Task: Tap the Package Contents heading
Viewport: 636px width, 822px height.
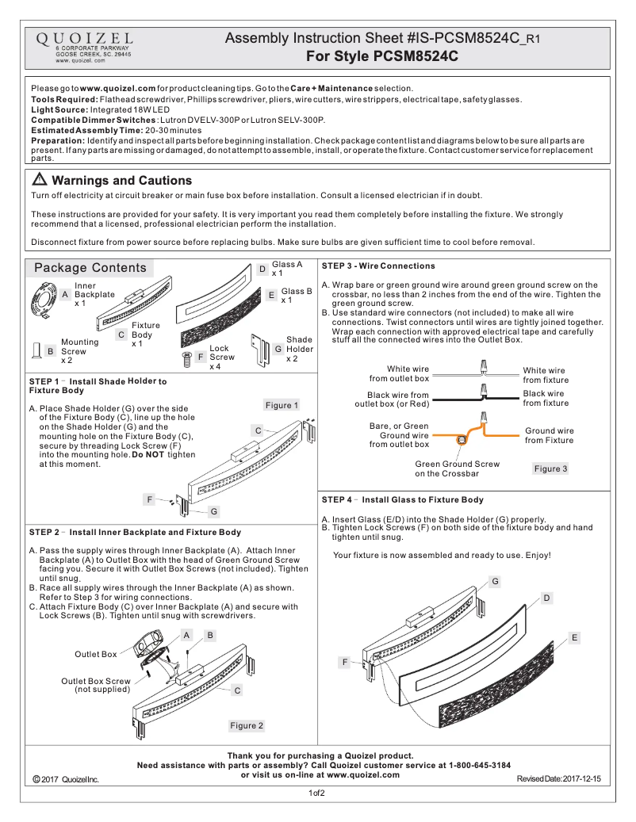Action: click(90, 268)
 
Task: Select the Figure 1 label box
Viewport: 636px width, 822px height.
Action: click(282, 405)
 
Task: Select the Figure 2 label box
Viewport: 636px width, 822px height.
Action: click(247, 725)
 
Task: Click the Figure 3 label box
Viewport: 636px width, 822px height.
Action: click(550, 469)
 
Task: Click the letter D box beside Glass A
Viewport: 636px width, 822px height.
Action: click(262, 270)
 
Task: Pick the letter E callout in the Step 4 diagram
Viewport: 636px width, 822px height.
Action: click(574, 637)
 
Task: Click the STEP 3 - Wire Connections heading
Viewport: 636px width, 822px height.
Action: click(378, 266)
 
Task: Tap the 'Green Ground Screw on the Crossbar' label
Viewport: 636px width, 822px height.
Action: click(457, 468)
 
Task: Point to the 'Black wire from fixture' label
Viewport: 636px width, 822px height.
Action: click(546, 398)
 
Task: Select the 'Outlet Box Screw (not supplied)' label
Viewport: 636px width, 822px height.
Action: click(95, 685)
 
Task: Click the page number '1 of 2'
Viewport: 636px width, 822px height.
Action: click(317, 793)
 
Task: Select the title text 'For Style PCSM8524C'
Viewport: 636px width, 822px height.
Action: click(382, 56)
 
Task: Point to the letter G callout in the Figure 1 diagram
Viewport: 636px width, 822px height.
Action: click(214, 510)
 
